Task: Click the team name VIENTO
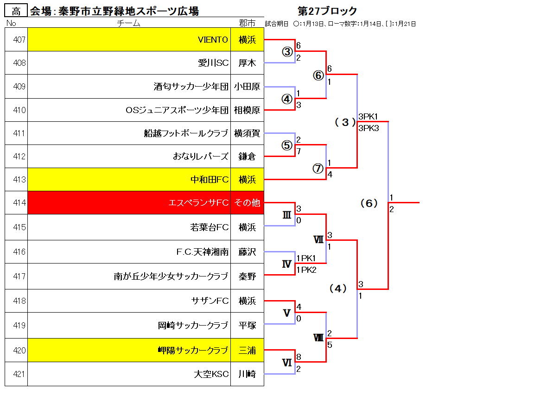point(213,40)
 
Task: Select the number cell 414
point(16,202)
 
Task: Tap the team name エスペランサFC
point(198,203)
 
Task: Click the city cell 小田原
point(247,87)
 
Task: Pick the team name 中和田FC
point(210,179)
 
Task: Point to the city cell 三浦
point(247,350)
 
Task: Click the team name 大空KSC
point(211,374)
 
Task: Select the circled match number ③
point(287,52)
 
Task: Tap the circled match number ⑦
point(318,168)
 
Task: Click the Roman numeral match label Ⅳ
point(287,264)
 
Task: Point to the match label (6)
point(369,203)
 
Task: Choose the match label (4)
point(338,289)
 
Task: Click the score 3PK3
point(369,128)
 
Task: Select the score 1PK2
point(306,270)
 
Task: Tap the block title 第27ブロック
point(327,11)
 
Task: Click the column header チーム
point(128,23)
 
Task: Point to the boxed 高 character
point(16,11)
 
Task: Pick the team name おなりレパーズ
point(200,156)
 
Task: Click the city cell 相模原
point(247,110)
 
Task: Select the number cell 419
point(16,325)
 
